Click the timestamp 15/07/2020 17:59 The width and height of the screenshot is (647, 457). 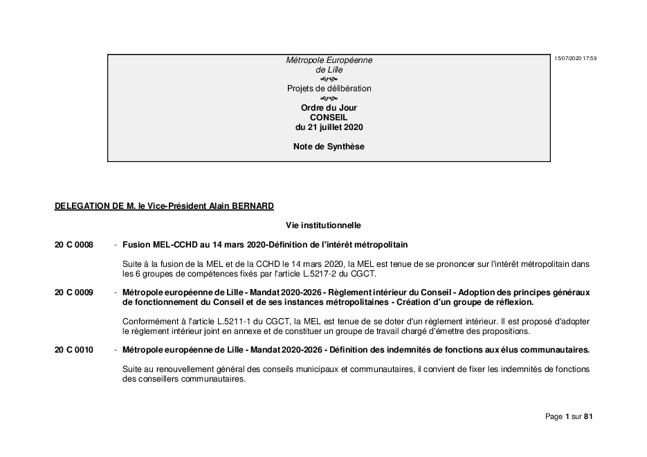[575, 58]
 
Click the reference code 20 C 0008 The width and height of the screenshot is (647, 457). [73, 245]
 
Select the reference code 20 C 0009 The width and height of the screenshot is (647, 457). [73, 293]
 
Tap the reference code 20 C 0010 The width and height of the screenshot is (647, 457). [73, 351]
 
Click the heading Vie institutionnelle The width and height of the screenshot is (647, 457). [323, 225]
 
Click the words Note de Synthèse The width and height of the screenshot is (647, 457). [329, 147]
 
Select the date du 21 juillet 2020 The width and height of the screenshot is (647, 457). [329, 127]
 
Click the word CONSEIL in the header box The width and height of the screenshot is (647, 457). [329, 118]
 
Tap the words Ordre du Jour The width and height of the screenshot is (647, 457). [329, 108]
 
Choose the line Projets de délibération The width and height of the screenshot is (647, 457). [329, 88]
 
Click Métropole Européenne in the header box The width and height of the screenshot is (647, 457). [329, 60]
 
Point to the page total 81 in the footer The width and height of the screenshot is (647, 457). [589, 416]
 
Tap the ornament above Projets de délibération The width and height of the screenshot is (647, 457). [329, 79]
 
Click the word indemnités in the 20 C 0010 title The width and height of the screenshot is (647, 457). [412, 351]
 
